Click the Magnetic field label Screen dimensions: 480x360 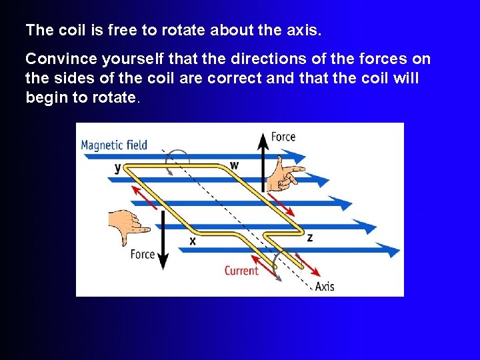[x=114, y=145]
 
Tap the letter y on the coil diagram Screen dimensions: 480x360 [x=118, y=167]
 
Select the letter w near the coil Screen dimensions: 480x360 [x=234, y=164]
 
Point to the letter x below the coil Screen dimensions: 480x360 [x=193, y=241]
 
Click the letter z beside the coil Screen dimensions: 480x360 [x=309, y=237]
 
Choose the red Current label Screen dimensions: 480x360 [x=241, y=270]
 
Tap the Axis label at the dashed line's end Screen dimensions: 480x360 [x=325, y=286]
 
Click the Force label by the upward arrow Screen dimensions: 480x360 [x=283, y=137]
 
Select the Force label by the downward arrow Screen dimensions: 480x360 [x=143, y=254]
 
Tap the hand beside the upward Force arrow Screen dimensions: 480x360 [x=285, y=172]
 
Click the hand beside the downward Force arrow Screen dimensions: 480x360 [x=128, y=225]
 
